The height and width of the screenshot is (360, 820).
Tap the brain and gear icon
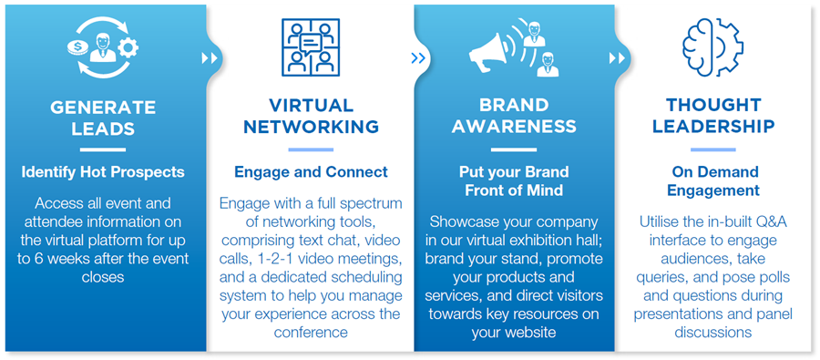coord(712,47)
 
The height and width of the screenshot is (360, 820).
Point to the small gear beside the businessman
coord(128,48)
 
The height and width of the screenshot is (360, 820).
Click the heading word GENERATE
coord(103,108)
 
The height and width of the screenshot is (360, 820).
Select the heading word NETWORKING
coord(312,127)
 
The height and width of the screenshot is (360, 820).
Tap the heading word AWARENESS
coord(514,126)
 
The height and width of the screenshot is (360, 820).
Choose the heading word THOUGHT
coord(712,105)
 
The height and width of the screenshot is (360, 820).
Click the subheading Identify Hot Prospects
coord(103,172)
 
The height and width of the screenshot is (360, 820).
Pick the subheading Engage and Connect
coord(312,172)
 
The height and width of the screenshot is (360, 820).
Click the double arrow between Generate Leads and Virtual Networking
coord(210,57)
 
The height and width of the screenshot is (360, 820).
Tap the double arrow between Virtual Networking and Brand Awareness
coord(418,57)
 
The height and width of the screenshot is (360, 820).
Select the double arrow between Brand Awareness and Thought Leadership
coord(617,57)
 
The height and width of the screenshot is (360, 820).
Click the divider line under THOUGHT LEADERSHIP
coord(712,149)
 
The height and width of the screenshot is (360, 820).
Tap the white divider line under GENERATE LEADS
coord(103,149)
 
